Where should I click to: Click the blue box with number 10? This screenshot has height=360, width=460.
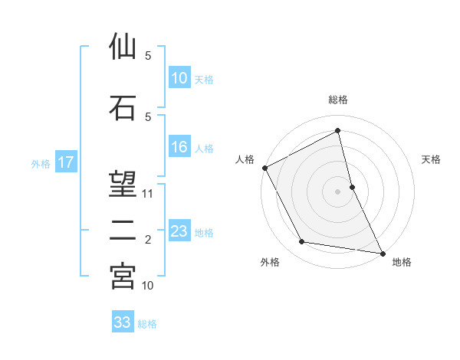click(x=179, y=78)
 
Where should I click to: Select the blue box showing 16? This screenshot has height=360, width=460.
click(x=179, y=148)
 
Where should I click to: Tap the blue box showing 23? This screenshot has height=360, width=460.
click(x=179, y=231)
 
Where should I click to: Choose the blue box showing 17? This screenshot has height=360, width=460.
click(x=65, y=162)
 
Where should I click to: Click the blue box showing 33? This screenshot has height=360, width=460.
click(x=123, y=322)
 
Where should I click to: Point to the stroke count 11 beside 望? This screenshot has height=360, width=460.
click(x=149, y=194)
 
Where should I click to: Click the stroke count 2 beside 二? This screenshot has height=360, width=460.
click(x=148, y=240)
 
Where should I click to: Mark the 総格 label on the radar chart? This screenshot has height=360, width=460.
click(x=338, y=100)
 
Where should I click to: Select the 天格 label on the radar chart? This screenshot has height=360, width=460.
click(x=432, y=159)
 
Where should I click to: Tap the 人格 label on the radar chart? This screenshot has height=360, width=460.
click(x=245, y=159)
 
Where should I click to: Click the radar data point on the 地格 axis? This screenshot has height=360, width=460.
click(x=383, y=252)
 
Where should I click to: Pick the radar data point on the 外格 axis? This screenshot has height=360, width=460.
click(x=302, y=242)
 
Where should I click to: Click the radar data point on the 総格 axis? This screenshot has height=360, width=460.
click(x=338, y=130)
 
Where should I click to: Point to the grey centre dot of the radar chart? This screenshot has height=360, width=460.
click(x=338, y=191)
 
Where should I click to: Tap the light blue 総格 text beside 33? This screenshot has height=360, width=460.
click(x=147, y=324)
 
